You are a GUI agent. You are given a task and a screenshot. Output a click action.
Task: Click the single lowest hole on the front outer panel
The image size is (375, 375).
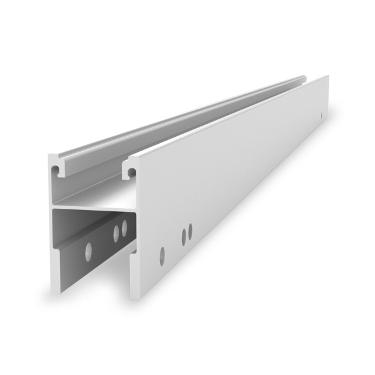coord(162,254)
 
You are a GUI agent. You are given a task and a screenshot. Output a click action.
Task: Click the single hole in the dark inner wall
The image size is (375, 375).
coord(88,250)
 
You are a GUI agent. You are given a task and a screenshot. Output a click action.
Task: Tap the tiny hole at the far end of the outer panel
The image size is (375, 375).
coord(321,116)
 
